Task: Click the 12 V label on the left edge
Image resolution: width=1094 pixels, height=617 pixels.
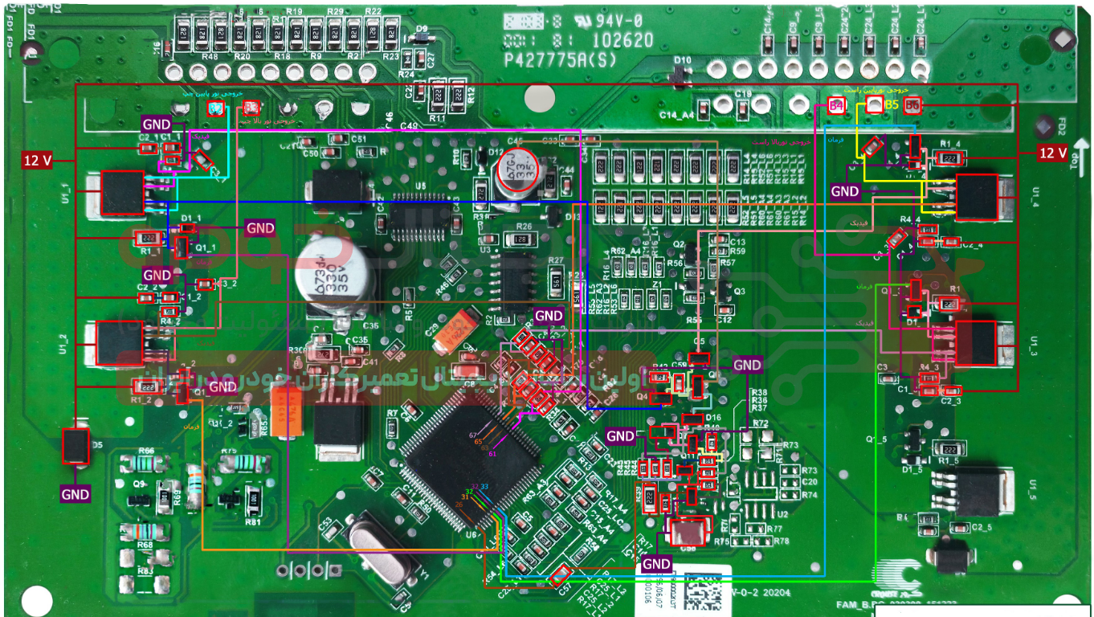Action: (x=37, y=161)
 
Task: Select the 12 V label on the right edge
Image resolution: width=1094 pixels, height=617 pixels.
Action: (x=1053, y=153)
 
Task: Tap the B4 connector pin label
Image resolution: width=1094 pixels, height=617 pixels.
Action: (x=836, y=105)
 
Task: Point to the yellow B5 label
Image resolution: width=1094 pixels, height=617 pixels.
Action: (x=892, y=104)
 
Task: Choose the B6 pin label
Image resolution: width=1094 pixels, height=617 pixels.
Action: (x=912, y=105)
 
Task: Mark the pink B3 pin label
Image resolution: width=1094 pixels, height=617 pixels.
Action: (x=251, y=107)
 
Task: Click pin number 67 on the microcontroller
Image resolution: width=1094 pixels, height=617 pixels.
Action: (x=473, y=435)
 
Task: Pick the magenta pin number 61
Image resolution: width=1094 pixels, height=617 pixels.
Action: (x=492, y=454)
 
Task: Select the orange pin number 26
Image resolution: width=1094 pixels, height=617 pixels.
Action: (x=459, y=504)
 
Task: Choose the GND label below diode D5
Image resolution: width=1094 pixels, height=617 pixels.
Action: (x=76, y=494)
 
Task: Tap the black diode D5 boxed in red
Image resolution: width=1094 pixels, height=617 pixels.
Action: (x=76, y=446)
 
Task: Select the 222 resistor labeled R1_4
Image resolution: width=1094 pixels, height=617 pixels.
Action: (x=950, y=159)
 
